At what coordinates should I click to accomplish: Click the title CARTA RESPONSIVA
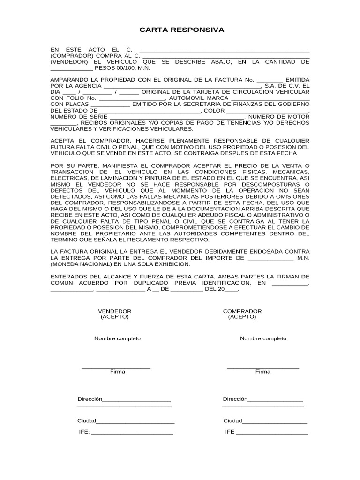click(x=182, y=30)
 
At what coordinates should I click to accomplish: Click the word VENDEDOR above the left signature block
click(x=114, y=311)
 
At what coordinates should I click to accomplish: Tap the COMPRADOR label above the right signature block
click(x=242, y=311)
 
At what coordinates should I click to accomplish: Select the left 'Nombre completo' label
click(x=117, y=338)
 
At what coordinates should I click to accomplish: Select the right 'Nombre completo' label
click(x=263, y=338)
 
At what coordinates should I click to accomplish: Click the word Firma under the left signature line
click(x=117, y=372)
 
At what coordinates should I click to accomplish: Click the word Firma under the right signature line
click(x=262, y=372)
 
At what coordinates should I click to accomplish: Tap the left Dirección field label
click(x=90, y=399)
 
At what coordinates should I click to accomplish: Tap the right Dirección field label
click(x=235, y=399)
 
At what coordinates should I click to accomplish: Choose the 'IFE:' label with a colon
click(x=84, y=432)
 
